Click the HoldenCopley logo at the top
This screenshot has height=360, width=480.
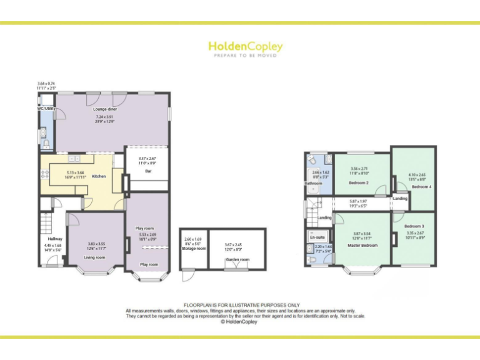tap(245, 46)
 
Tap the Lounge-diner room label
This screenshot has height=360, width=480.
tap(106, 109)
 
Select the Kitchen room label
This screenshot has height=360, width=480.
tap(99, 176)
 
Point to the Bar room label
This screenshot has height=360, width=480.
tap(148, 171)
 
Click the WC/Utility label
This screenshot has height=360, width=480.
tap(47, 109)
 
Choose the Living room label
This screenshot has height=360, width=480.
tap(95, 257)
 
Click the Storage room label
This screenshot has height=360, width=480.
tap(194, 248)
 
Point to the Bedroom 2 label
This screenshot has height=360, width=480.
tap(359, 182)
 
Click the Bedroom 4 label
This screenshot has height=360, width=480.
tap(421, 187)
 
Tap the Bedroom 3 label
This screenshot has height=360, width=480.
tap(414, 226)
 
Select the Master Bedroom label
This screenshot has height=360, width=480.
tap(362, 244)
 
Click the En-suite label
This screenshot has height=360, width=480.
tap(317, 237)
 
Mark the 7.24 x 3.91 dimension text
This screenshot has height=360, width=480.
tap(106, 116)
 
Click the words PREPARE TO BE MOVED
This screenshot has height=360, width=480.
tap(245, 56)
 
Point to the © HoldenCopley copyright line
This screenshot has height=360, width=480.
tap(240, 322)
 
